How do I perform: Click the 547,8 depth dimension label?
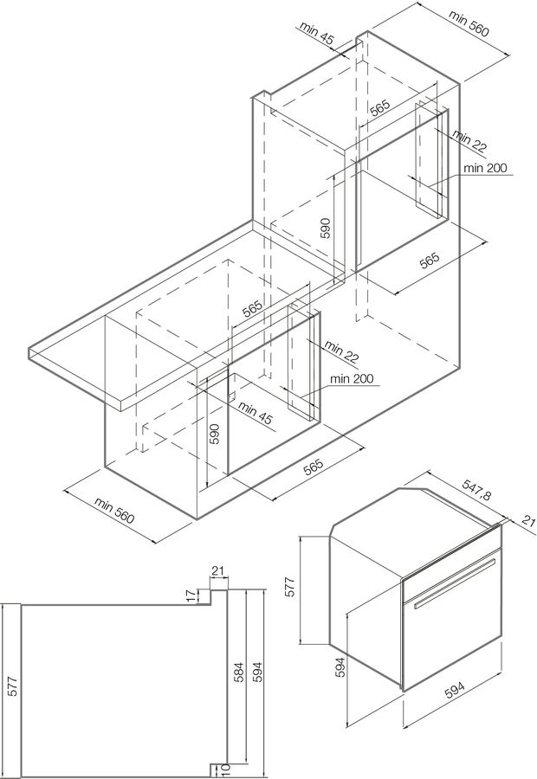[476, 495]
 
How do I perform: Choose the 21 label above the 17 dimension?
[217, 570]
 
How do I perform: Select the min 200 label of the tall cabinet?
[484, 168]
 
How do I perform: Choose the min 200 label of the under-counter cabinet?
[351, 379]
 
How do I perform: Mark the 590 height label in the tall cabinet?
[326, 228]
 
